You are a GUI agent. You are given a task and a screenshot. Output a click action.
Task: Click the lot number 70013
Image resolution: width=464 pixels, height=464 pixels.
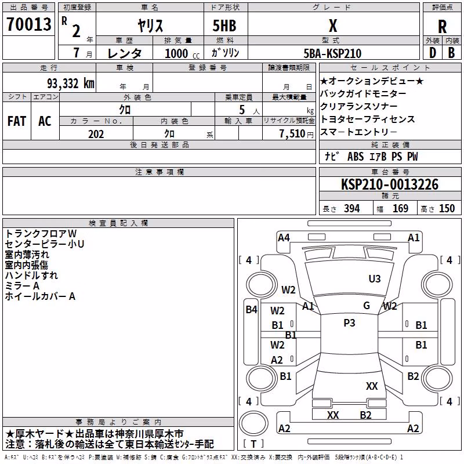pos(29,24)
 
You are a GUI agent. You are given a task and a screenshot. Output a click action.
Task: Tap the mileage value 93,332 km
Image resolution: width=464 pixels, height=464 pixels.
pos(71,84)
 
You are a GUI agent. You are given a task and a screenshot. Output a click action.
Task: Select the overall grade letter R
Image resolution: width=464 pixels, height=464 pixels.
pos(442,27)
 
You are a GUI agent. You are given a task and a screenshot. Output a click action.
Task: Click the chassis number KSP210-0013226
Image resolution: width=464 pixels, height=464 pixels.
pos(390,184)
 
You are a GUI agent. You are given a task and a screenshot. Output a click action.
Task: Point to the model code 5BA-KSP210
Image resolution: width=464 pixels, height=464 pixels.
pos(332,53)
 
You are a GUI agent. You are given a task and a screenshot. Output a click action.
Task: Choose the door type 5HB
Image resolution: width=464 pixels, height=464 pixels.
pos(224,26)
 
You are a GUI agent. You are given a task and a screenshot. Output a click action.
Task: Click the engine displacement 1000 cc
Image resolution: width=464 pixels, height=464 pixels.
pos(182,53)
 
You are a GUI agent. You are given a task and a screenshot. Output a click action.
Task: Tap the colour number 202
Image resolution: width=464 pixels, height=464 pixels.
pos(96,134)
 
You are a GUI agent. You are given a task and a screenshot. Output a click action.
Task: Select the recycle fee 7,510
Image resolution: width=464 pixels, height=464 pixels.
pos(292,134)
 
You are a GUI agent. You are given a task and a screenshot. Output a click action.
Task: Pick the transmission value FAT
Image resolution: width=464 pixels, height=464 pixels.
pos(17,121)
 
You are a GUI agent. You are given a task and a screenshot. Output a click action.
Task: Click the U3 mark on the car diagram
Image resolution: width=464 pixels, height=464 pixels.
pos(375,279)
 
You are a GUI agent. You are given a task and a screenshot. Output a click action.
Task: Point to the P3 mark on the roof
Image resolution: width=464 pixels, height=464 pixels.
pos(349,323)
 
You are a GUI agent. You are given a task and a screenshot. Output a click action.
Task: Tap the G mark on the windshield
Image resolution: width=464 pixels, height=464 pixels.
pos(367,306)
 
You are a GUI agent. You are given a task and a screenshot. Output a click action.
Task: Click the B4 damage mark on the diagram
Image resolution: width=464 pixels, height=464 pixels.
pos(252,310)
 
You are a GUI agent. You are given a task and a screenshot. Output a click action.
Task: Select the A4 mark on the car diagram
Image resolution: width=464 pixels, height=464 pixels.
pos(284,238)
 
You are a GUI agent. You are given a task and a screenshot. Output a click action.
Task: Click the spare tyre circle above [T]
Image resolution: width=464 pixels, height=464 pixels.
pos(253,424)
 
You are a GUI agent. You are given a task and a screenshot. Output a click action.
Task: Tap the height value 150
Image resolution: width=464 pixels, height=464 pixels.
pos(447,209)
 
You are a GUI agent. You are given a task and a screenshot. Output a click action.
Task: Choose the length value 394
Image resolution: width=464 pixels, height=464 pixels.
pos(352,209)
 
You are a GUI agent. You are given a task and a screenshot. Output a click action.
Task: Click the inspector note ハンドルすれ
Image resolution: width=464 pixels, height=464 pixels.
pos(31,275)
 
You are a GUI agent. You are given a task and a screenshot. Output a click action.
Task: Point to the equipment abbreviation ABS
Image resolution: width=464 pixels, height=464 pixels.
pos(356,157)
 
